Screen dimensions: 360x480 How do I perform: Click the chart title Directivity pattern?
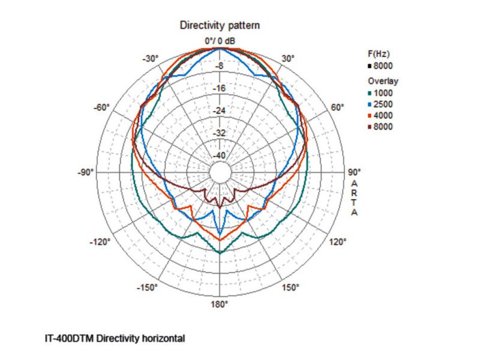(220, 26)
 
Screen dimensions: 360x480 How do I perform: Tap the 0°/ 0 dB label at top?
(219, 41)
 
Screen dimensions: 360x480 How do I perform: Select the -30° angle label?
(150, 59)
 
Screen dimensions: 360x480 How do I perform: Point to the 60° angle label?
(338, 107)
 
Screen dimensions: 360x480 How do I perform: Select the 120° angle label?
(338, 242)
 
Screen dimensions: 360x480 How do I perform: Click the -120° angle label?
(100, 242)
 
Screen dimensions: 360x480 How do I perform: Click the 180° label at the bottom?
(219, 305)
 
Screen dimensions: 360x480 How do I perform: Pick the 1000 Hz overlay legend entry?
(381, 93)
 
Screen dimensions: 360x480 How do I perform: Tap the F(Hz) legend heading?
(379, 54)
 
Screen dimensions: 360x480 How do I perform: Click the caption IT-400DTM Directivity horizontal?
(115, 338)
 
